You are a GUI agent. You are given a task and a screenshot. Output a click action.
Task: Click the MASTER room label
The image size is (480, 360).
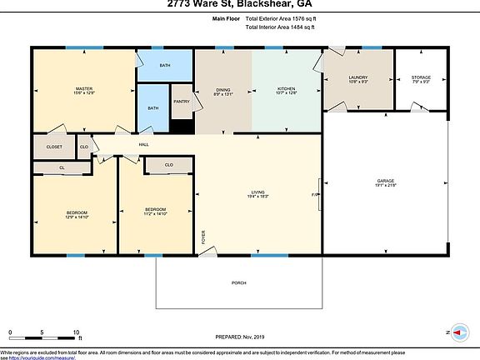point(83,90)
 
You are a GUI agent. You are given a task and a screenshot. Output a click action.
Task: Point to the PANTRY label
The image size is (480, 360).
point(182,102)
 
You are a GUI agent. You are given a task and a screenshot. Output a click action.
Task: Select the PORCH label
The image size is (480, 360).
point(238,283)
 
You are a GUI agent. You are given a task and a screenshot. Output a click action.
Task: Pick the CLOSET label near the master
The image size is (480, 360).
point(54,147)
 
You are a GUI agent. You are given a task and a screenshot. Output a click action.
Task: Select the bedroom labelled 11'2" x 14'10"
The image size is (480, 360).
point(156,210)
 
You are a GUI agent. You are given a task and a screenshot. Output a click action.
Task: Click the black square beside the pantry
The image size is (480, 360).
point(181,126)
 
